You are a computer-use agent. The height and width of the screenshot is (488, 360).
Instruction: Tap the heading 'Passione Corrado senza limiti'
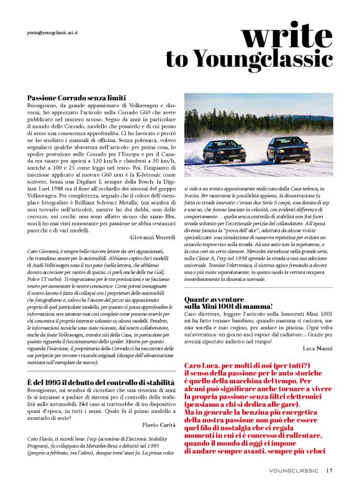coord(76,98)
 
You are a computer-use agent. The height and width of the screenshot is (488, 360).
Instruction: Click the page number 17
coord(330,469)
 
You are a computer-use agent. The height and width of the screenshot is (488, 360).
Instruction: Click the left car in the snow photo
coord(223,150)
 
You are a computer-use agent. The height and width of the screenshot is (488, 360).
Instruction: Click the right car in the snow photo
coord(287,149)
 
